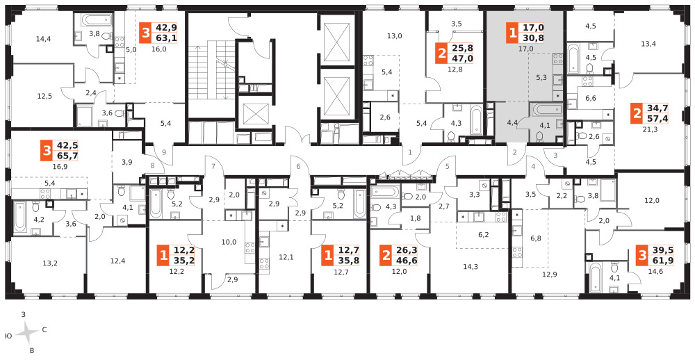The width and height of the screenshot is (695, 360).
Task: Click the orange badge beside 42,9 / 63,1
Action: pos(145,33)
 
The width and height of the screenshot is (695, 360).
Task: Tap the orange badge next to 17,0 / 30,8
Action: pos(512,33)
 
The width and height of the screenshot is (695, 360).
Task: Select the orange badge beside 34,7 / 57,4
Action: pos(637,114)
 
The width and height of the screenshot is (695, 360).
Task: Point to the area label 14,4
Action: pos(44,39)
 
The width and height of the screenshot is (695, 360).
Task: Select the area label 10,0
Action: pos(229,242)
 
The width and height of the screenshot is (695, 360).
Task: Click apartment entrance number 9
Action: pos(164,152)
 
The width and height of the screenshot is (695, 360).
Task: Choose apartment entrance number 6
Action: pos(298,167)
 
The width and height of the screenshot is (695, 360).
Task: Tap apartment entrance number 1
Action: pos(410,152)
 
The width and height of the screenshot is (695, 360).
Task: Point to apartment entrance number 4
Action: pos(534,167)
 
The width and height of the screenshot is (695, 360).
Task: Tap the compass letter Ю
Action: pos(8,336)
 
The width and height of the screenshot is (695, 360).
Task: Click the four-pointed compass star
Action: pos(28,332)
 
